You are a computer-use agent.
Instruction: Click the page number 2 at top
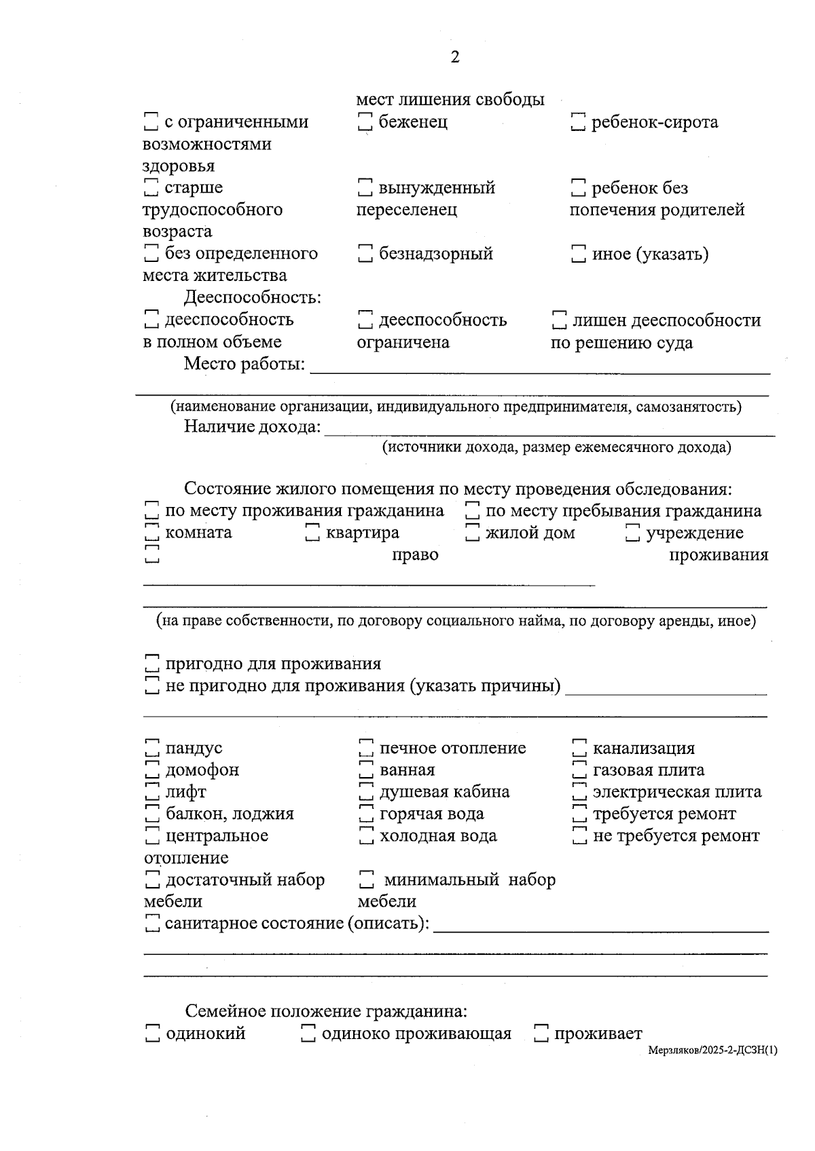(455, 57)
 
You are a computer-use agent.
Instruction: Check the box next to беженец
(365, 122)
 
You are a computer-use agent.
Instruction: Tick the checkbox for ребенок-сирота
(578, 122)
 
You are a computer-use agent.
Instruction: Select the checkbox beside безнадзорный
(365, 254)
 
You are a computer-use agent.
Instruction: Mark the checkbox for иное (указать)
(578, 254)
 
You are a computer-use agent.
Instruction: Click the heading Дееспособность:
(252, 297)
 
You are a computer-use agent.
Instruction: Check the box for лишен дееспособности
(559, 320)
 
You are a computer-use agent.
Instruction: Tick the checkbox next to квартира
(312, 533)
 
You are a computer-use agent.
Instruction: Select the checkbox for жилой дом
(473, 533)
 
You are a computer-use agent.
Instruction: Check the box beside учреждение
(632, 533)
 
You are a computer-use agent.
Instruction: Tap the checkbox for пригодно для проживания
(152, 664)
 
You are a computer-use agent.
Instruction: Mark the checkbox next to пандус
(152, 748)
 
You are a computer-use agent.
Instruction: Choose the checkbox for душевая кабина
(365, 792)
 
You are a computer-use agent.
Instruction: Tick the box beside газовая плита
(579, 770)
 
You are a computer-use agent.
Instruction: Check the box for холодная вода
(365, 836)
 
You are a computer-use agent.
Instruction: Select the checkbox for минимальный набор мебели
(365, 880)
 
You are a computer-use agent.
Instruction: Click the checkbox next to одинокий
(152, 1034)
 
